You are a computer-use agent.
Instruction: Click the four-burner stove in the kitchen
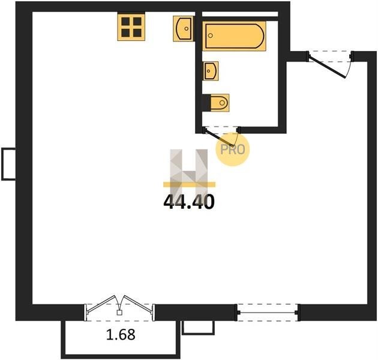(x=131, y=27)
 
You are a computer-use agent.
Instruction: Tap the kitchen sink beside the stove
(x=184, y=28)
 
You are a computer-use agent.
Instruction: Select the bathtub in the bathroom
(x=234, y=36)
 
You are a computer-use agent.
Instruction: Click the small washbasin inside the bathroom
(x=211, y=71)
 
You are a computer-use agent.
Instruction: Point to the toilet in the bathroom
(x=216, y=103)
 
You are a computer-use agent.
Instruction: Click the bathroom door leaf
(x=218, y=138)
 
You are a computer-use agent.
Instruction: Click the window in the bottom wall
(x=268, y=313)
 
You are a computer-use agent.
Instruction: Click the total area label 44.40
(x=189, y=202)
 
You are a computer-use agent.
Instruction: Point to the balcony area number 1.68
(x=121, y=335)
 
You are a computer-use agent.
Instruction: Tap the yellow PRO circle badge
(x=232, y=149)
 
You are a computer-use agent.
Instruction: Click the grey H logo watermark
(x=189, y=169)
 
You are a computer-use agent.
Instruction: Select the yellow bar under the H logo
(x=189, y=184)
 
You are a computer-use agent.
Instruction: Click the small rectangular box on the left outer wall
(x=8, y=164)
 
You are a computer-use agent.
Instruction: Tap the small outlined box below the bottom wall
(x=198, y=328)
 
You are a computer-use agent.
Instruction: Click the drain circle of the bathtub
(x=210, y=35)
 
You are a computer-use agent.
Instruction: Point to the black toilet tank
(x=206, y=103)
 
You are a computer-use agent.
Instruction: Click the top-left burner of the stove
(x=125, y=22)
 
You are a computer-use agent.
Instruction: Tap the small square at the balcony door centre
(x=119, y=313)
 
